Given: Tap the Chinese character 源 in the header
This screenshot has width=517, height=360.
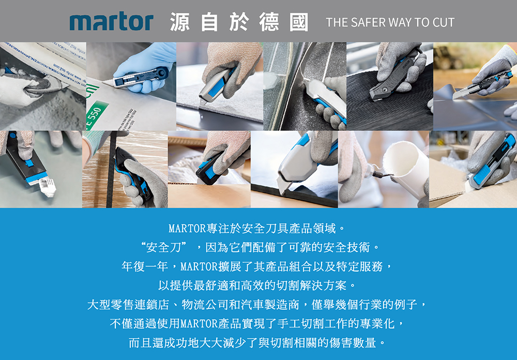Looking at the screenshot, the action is (x=180, y=22).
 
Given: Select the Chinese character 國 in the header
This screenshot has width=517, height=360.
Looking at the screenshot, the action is (x=299, y=22).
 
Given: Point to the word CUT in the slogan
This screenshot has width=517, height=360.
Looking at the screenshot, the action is (x=444, y=22).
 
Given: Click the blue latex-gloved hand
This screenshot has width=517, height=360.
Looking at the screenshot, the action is (x=145, y=66).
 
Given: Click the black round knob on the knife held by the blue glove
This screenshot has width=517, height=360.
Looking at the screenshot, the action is (x=163, y=71).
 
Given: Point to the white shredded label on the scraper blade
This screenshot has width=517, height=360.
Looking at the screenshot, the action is (x=48, y=186).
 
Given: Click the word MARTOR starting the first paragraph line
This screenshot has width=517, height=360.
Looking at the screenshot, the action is (x=187, y=228).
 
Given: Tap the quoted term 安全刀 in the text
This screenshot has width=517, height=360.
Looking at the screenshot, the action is (x=163, y=247).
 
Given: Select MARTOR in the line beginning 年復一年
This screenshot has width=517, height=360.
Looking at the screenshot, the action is (x=199, y=266).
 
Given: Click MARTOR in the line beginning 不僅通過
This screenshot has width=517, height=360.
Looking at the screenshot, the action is (x=199, y=324).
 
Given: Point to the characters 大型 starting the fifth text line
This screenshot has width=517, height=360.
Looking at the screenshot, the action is (x=99, y=305).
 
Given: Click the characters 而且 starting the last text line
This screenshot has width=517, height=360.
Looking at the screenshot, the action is (x=141, y=343).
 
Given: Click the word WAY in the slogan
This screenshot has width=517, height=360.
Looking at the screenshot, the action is (x=400, y=22).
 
